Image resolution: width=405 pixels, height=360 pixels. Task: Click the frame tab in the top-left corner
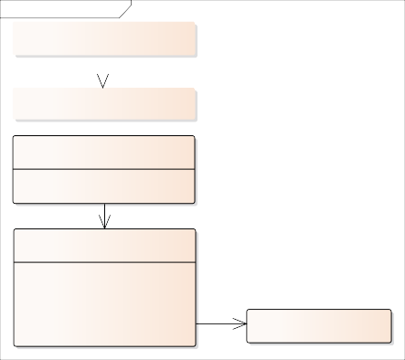pyautogui.click(x=59, y=8)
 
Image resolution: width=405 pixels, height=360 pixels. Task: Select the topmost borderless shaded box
pyautogui.click(x=105, y=39)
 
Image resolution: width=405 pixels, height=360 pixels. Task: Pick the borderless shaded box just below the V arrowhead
pyautogui.click(x=105, y=104)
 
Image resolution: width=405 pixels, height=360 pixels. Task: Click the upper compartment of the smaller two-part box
pyautogui.click(x=104, y=153)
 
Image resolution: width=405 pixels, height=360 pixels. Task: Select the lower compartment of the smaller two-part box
pyautogui.click(x=104, y=185)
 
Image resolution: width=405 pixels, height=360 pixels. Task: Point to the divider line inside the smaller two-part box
pyautogui.click(x=104, y=169)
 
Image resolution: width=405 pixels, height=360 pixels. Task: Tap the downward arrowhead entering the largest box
pyautogui.click(x=105, y=222)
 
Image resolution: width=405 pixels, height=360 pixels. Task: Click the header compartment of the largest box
pyautogui.click(x=105, y=246)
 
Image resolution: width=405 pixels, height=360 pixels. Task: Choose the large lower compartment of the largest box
pyautogui.click(x=105, y=304)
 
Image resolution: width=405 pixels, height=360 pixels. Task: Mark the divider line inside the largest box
pyautogui.click(x=105, y=263)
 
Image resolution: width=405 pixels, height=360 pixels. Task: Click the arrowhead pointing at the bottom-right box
pyautogui.click(x=240, y=323)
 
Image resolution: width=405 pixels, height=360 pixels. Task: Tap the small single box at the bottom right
pyautogui.click(x=319, y=325)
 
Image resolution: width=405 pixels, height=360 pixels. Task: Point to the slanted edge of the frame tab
pyautogui.click(x=126, y=9)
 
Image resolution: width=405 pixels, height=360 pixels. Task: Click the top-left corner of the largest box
pyautogui.click(x=15, y=230)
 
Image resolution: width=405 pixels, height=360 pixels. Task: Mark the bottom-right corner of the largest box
pyautogui.click(x=195, y=345)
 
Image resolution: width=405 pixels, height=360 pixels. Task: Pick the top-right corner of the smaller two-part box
pyautogui.click(x=194, y=137)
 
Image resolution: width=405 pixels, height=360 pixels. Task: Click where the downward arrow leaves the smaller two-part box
pyautogui.click(x=105, y=204)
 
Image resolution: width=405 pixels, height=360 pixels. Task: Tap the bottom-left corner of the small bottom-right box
pyautogui.click(x=248, y=341)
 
